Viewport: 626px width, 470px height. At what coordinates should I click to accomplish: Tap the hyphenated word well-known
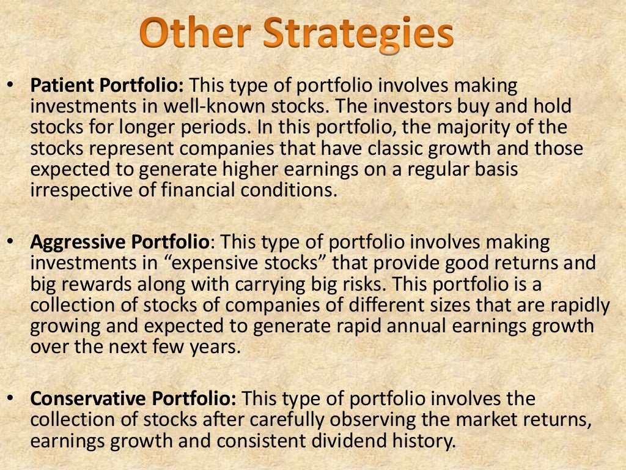pyautogui.click(x=202, y=106)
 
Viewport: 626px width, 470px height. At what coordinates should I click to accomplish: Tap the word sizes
pyautogui.click(x=435, y=305)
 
